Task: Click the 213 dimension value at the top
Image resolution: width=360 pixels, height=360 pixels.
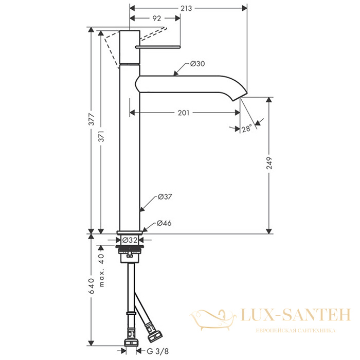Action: (x=186, y=9)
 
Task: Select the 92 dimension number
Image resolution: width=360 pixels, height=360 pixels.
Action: (x=157, y=19)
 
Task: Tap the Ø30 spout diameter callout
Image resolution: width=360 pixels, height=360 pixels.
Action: (x=197, y=64)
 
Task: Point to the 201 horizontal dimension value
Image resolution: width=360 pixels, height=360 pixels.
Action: (x=184, y=113)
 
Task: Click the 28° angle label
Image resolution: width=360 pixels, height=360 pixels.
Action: (x=247, y=128)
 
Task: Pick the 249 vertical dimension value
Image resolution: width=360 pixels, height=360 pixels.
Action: (x=269, y=163)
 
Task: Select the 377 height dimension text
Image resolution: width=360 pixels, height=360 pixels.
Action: (x=92, y=119)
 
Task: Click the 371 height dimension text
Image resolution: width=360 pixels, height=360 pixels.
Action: (x=101, y=136)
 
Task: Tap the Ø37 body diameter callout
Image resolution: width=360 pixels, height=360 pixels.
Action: (x=165, y=197)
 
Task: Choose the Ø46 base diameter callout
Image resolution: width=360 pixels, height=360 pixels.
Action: (x=164, y=223)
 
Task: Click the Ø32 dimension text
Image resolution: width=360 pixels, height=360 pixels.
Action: (x=130, y=240)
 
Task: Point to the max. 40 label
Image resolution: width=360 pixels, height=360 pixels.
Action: (x=102, y=270)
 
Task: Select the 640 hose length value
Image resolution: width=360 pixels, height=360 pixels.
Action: (x=92, y=286)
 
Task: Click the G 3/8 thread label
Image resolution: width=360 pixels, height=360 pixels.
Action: (x=157, y=351)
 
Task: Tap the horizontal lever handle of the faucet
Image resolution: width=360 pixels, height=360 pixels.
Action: (x=158, y=47)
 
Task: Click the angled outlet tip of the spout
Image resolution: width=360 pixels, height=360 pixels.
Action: (x=241, y=96)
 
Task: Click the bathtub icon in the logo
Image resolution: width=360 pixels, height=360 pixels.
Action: (x=213, y=320)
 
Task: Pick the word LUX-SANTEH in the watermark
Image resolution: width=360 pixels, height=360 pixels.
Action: (x=296, y=315)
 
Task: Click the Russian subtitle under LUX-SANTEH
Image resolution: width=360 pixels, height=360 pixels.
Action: (x=296, y=331)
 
